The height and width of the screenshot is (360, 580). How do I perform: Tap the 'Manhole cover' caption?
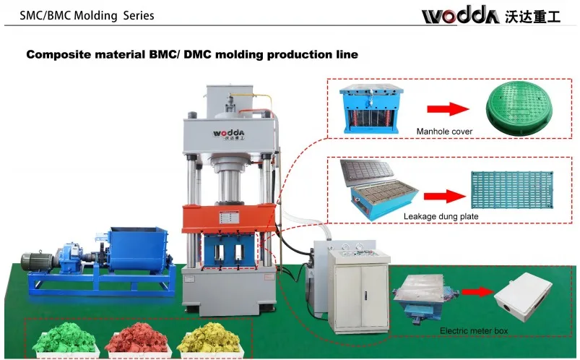pyautogui.click(x=444, y=132)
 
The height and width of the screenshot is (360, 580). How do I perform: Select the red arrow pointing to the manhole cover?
pyautogui.click(x=443, y=109)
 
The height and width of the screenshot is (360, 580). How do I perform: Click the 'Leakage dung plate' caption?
pyautogui.click(x=442, y=216)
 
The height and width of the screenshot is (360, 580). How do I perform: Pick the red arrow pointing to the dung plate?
pyautogui.click(x=443, y=195)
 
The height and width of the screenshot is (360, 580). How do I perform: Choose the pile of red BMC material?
pyautogui.click(x=134, y=338)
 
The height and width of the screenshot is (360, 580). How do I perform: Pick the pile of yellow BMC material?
pyautogui.click(x=206, y=338)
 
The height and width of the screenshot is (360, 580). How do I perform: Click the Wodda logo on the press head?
pyautogui.click(x=229, y=134)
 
